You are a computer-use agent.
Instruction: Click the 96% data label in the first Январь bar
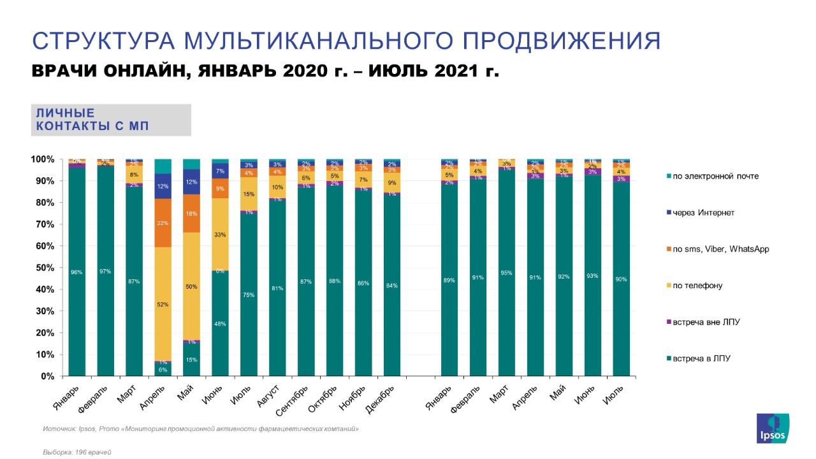coord(77,272)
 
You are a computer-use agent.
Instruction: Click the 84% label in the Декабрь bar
coord(391,286)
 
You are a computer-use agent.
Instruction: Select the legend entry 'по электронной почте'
coord(714,175)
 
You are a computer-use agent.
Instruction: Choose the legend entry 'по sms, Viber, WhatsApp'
coord(720,249)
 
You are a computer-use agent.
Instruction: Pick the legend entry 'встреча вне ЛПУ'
coord(702,322)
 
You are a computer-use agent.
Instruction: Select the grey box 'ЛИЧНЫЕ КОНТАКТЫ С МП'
coord(111,120)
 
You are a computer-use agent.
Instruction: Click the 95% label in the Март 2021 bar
coord(506,273)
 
